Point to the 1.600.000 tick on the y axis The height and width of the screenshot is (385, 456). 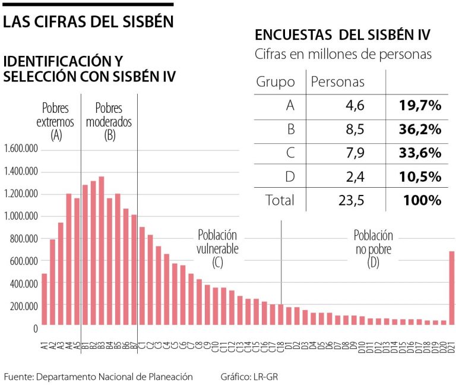[21, 149]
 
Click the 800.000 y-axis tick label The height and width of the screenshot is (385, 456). [25, 239]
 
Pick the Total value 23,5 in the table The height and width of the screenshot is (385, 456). [350, 200]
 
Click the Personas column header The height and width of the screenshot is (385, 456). [338, 81]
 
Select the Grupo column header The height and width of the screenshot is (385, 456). [275, 81]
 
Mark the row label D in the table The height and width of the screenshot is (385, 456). [290, 176]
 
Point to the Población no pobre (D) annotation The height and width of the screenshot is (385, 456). [373, 248]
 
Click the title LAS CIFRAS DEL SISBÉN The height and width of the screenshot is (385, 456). [88, 22]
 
